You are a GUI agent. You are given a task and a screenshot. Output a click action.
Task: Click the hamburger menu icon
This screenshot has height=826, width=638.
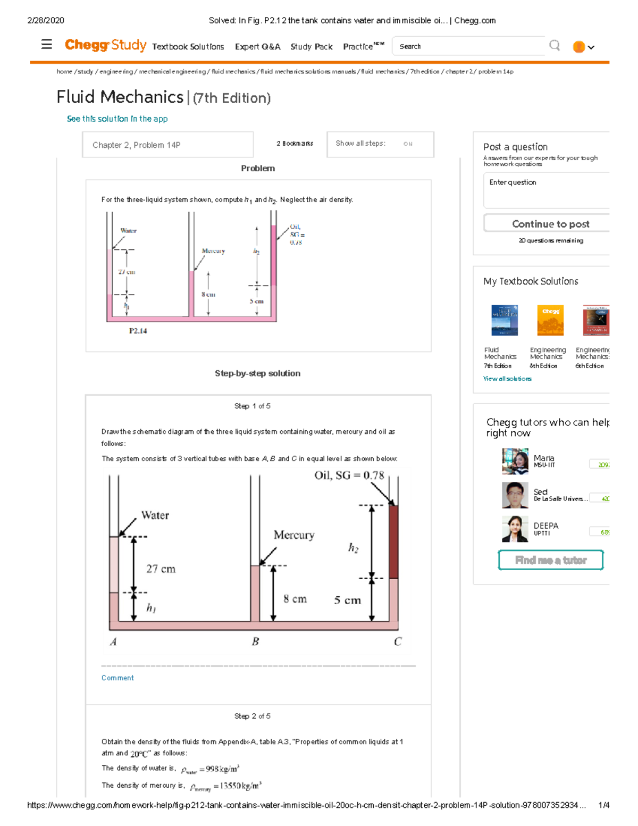point(47,45)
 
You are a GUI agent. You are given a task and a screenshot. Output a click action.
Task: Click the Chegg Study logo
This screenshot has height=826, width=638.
point(105,45)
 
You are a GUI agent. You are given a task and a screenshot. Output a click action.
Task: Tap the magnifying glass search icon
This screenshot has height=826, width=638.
point(555,46)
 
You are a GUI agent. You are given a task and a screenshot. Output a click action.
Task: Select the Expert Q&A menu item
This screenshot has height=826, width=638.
point(257,47)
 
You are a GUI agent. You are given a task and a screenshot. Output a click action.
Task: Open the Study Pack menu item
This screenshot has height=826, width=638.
point(311,47)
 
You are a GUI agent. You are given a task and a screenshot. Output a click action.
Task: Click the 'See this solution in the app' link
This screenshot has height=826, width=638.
point(117,119)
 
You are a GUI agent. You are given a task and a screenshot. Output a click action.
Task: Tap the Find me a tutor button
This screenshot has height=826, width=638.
point(550,560)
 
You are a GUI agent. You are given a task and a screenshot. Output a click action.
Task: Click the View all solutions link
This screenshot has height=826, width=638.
point(507,379)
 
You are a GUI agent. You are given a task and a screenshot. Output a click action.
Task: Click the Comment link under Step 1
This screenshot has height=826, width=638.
point(117,678)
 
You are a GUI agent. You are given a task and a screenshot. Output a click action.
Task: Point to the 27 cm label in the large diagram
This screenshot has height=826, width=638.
point(161,569)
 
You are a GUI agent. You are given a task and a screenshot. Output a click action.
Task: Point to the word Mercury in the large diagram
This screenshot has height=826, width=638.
point(293,535)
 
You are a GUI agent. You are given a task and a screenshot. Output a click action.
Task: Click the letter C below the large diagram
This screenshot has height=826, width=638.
point(398,642)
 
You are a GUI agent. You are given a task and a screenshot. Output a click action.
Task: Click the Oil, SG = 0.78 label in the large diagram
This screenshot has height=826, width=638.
point(349,475)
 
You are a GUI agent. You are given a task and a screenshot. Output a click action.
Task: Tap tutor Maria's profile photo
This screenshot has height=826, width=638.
point(515,461)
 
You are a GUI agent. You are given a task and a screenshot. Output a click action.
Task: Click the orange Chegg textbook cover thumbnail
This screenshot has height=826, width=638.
point(550,320)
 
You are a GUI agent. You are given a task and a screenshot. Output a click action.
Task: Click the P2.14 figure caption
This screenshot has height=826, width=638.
point(138,331)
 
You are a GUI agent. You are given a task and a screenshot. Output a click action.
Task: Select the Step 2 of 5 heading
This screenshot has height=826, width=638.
point(252,716)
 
